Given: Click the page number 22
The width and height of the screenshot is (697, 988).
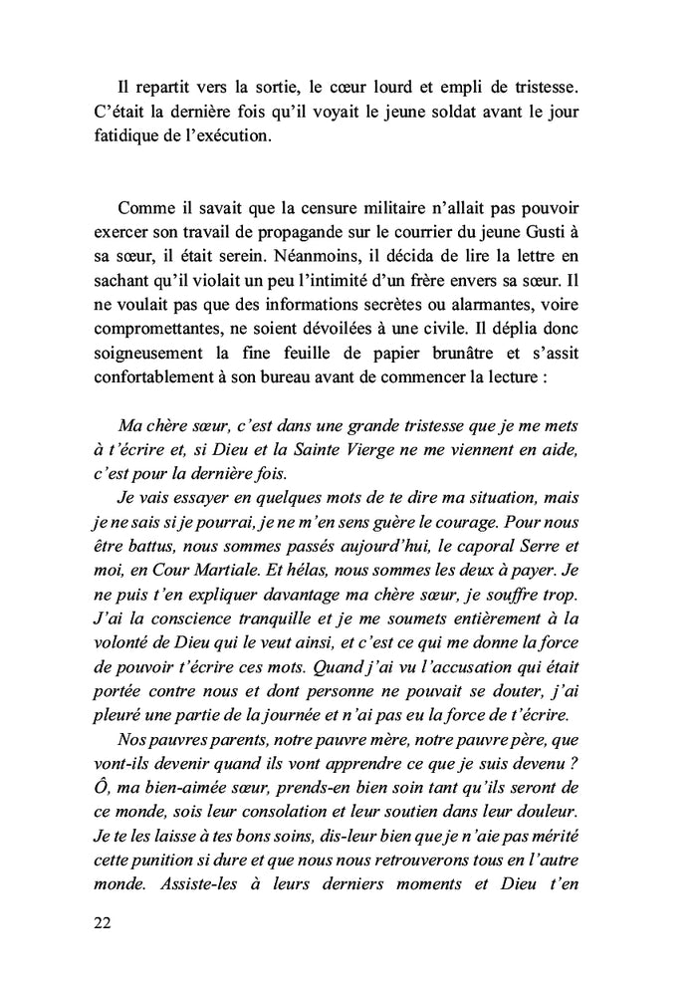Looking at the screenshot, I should tap(100, 923).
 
